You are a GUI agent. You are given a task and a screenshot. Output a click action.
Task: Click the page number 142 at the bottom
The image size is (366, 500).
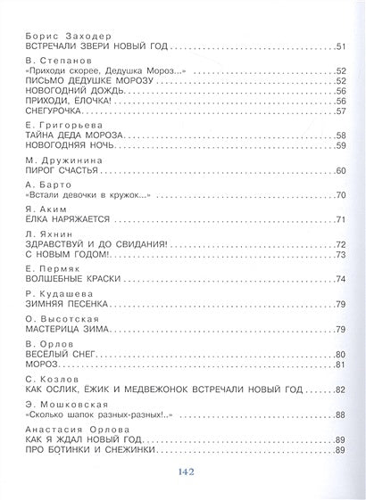tap(183, 473)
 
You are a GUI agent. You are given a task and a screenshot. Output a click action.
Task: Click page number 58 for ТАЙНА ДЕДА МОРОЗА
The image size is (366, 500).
tap(340, 136)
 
